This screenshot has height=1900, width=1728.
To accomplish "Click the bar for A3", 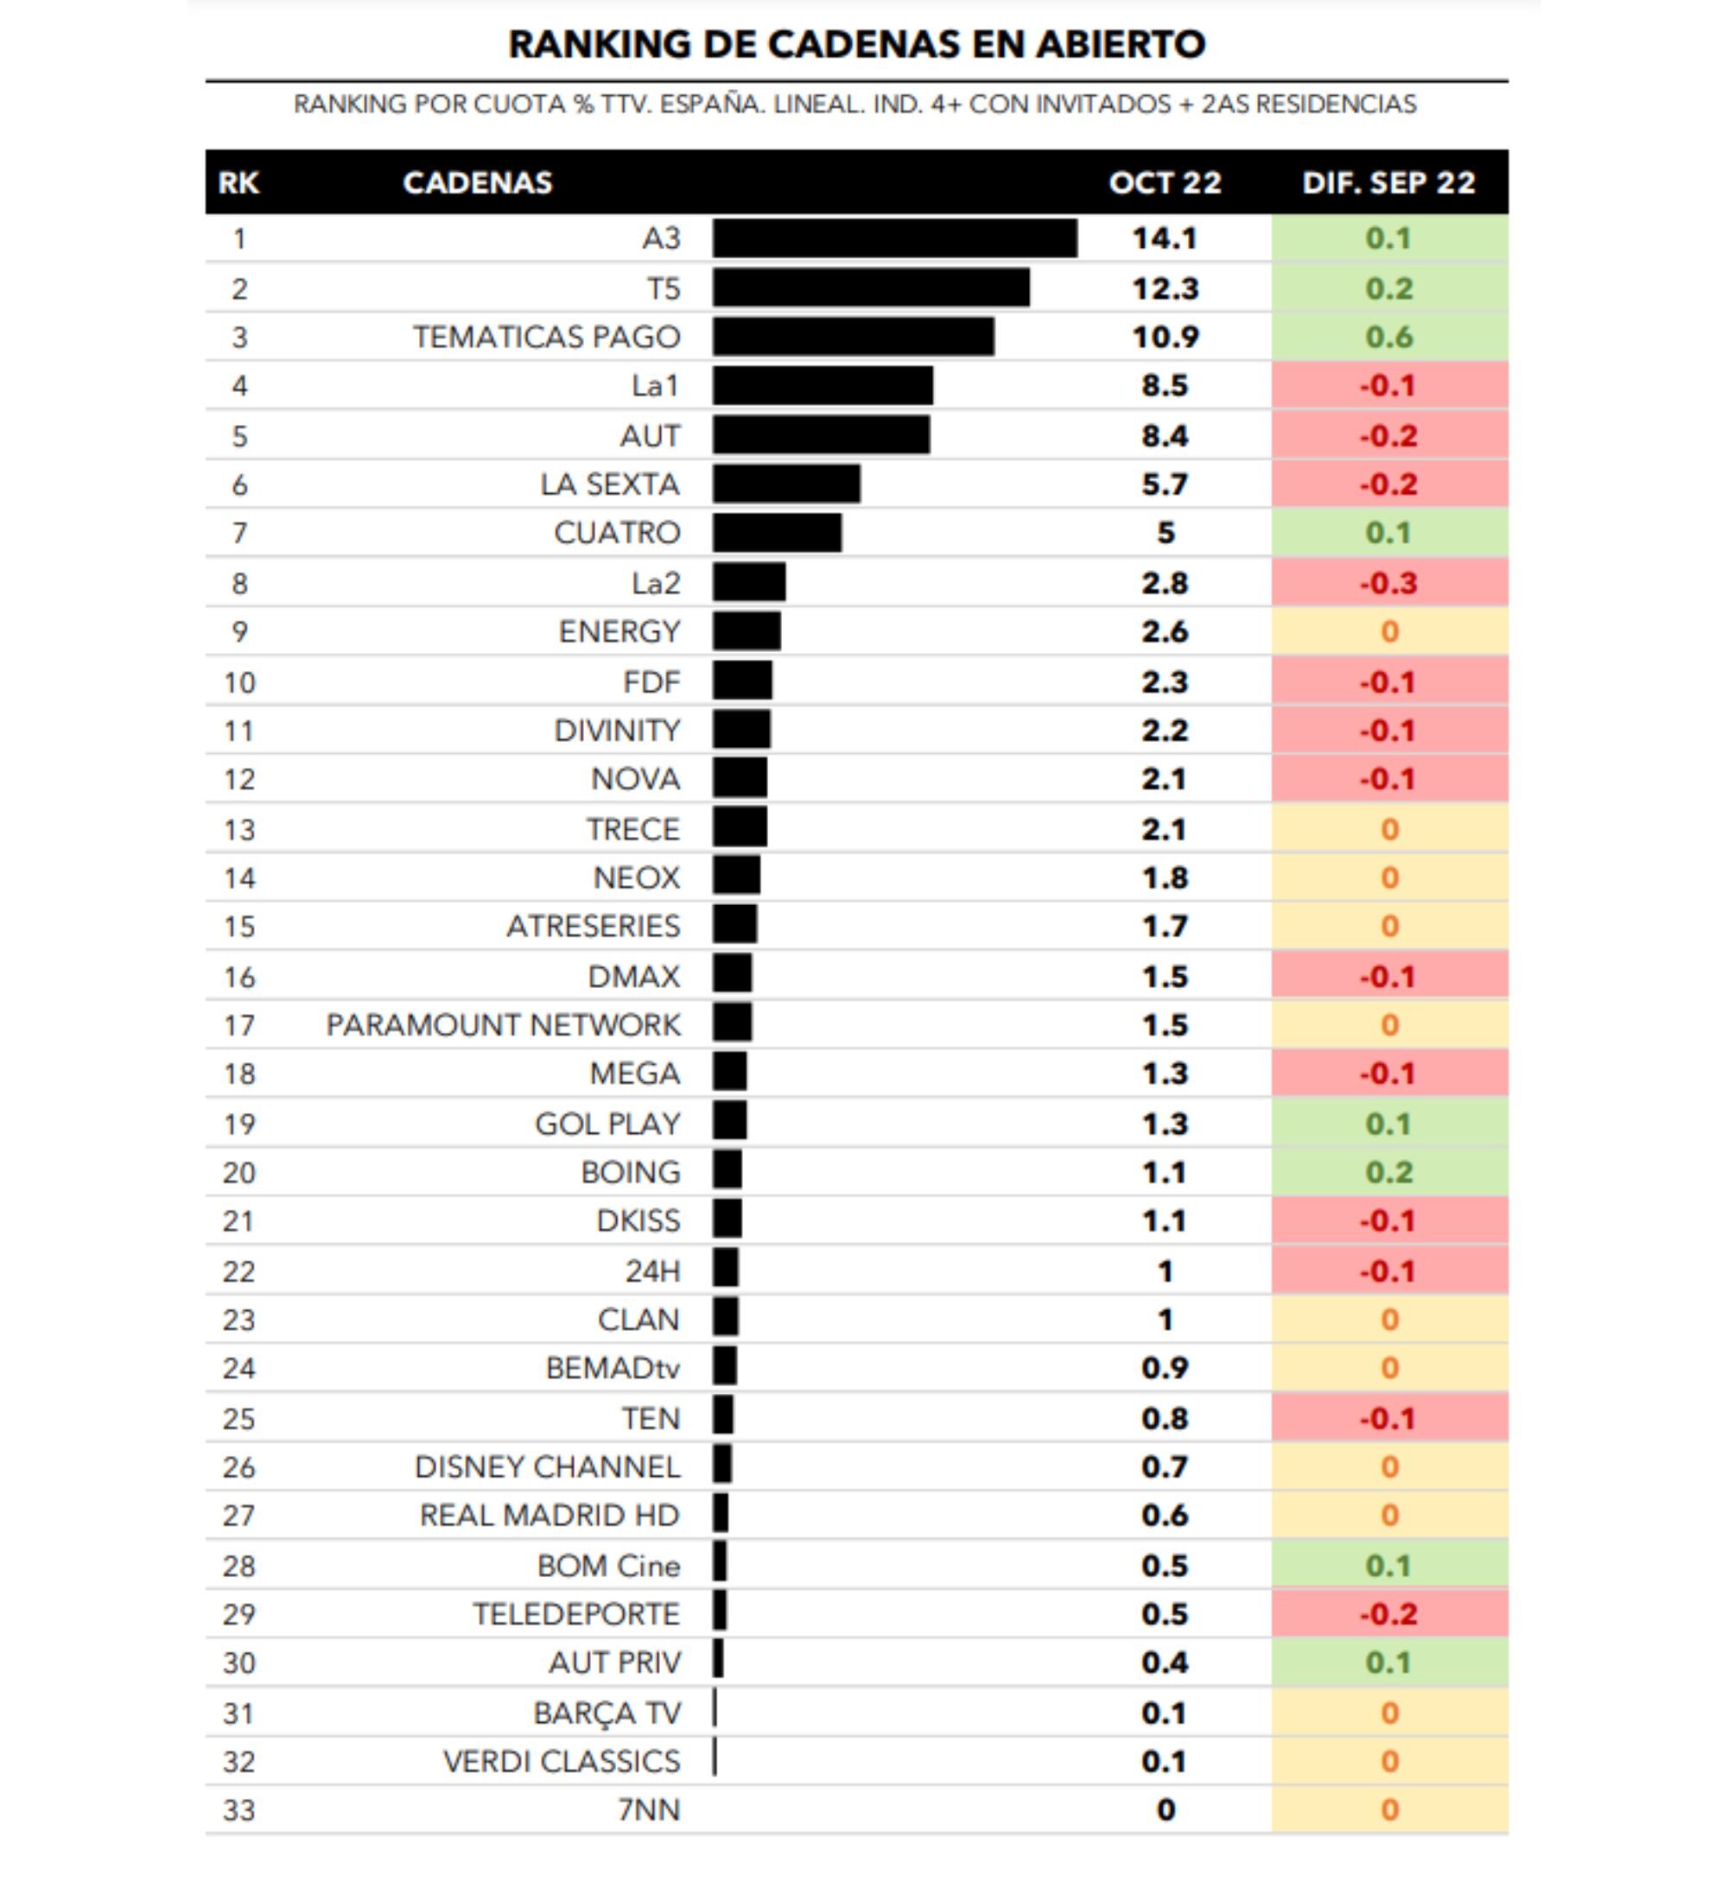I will pos(893,238).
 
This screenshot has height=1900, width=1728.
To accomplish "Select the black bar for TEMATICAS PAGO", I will pos(852,338).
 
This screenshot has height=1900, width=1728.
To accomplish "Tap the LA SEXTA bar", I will pos(786,484).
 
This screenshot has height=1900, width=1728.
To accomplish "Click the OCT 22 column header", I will pos(1165,183).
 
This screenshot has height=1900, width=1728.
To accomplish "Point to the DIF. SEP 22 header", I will pos(1388,183).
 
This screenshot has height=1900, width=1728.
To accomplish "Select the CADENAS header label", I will pos(477,183).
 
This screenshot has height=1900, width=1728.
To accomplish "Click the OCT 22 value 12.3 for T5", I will pos(1165,288).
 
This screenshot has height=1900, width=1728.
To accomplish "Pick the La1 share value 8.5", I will pos(1165,386).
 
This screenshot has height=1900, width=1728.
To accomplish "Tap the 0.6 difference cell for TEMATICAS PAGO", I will pos(1388,338).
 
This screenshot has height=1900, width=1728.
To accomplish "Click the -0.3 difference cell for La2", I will pos(1388,583).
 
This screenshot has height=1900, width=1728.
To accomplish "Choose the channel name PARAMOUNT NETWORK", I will pos(503,1025).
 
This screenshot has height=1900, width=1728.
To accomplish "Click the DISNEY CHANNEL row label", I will pos(547,1467).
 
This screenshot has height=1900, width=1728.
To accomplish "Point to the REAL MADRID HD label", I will pos(549,1516).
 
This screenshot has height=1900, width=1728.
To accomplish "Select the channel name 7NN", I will pos(649,1810).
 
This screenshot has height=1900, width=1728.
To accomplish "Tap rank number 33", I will pos(238,1810).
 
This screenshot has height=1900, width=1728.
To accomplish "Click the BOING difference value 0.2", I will pos(1388,1173).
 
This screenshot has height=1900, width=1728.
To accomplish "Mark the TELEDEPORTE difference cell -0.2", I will pos(1388,1614).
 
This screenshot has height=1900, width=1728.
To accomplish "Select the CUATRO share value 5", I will pos(1166,534).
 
